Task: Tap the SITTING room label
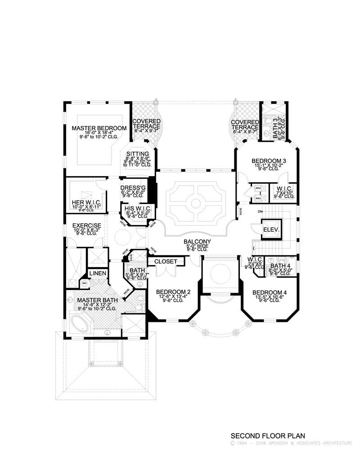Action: tap(137, 154)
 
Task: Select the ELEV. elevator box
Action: tap(271, 229)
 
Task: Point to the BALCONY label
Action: tap(197, 242)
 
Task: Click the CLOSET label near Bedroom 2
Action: tap(166, 261)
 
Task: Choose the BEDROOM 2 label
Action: tap(171, 292)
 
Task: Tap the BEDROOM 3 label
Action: tap(269, 161)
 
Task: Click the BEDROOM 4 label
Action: tap(269, 291)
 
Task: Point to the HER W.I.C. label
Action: tap(86, 202)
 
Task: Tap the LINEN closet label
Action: tap(97, 273)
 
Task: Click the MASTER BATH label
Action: tap(97, 300)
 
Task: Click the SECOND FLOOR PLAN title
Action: tap(268, 435)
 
